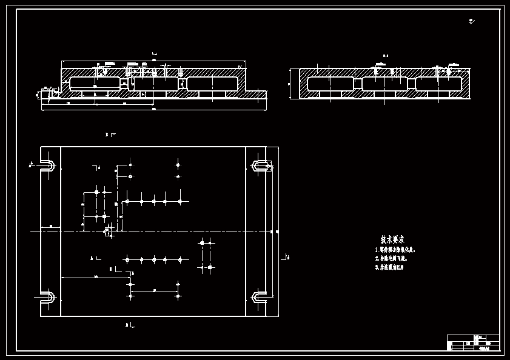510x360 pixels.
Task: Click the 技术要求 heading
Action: tap(392, 239)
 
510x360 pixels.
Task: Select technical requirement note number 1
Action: tap(395, 250)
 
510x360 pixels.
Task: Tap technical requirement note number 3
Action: tap(389, 267)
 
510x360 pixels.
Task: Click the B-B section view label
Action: tap(385, 56)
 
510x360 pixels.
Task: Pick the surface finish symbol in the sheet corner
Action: tap(471, 22)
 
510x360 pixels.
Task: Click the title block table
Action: tap(473, 342)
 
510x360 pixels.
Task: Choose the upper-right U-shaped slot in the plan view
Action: tap(260, 165)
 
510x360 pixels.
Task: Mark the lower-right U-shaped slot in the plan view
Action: tap(260, 297)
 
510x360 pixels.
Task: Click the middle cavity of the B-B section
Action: tap(384, 84)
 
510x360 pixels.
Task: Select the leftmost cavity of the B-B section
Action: tap(330, 84)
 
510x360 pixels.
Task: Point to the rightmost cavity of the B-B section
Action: tap(439, 84)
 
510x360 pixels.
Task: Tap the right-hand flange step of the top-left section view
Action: tap(256, 95)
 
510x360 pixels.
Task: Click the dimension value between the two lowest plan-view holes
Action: tap(154, 290)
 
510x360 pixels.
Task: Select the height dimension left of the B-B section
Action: tap(289, 84)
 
